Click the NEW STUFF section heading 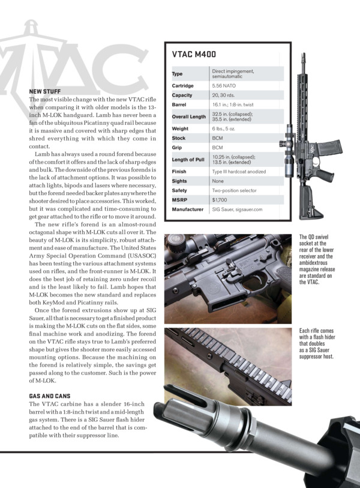click(45, 91)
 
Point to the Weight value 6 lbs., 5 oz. click(226, 128)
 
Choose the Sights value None click(218, 180)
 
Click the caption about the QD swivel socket click(315, 260)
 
